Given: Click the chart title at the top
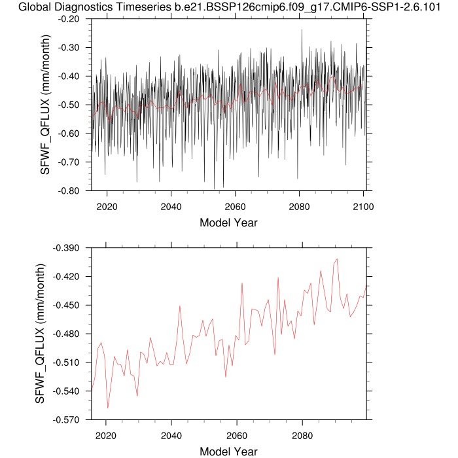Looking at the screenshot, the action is (x=229, y=7).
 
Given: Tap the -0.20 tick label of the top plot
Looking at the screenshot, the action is (x=69, y=19).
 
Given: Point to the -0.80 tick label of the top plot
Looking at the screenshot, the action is (x=69, y=191).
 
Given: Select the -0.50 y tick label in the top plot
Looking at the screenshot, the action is (x=69, y=105).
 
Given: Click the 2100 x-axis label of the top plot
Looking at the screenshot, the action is (x=363, y=207).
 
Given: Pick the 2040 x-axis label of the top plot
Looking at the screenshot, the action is (x=171, y=207).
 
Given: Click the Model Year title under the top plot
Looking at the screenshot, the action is (x=228, y=222).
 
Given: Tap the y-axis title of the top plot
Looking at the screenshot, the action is (x=45, y=105).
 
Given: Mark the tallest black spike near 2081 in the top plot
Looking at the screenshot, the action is (x=302, y=29).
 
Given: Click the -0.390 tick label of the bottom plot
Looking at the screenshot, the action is (x=66, y=248).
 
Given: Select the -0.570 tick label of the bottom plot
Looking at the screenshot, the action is (x=66, y=420).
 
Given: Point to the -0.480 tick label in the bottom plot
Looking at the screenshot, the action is (x=66, y=334).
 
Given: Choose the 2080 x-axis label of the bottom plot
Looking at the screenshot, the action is (x=302, y=436).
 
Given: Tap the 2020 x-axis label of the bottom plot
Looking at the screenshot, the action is (x=106, y=436).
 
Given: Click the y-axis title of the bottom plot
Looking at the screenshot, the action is (x=40, y=334).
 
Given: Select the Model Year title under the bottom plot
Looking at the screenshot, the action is (x=228, y=451).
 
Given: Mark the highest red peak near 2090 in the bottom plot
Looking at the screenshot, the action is (x=337, y=259).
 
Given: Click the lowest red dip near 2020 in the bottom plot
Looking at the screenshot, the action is (x=108, y=408).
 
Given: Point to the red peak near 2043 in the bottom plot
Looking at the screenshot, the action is (x=180, y=306).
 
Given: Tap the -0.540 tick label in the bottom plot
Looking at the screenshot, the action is (x=66, y=391).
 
